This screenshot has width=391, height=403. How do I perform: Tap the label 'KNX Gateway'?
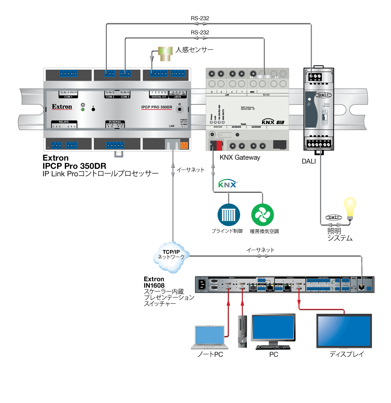click(x=240, y=157)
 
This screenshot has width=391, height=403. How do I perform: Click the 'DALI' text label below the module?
click(x=308, y=161)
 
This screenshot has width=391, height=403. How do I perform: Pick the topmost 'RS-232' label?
click(x=200, y=18)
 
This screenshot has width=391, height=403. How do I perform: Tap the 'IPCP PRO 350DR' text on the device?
click(x=157, y=106)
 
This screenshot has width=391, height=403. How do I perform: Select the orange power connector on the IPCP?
click(x=184, y=145)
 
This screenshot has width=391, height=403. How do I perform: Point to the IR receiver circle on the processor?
click(x=180, y=110)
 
